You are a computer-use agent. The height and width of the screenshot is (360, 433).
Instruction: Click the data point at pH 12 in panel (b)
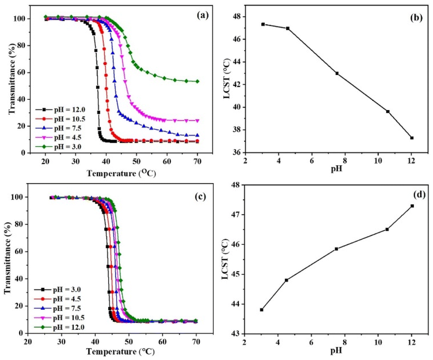point(412,138)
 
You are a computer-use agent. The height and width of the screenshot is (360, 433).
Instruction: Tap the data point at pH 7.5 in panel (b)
point(337,73)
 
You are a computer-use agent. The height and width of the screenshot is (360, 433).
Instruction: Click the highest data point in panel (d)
point(412,206)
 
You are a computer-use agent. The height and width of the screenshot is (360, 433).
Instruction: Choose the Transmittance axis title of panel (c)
point(8,263)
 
